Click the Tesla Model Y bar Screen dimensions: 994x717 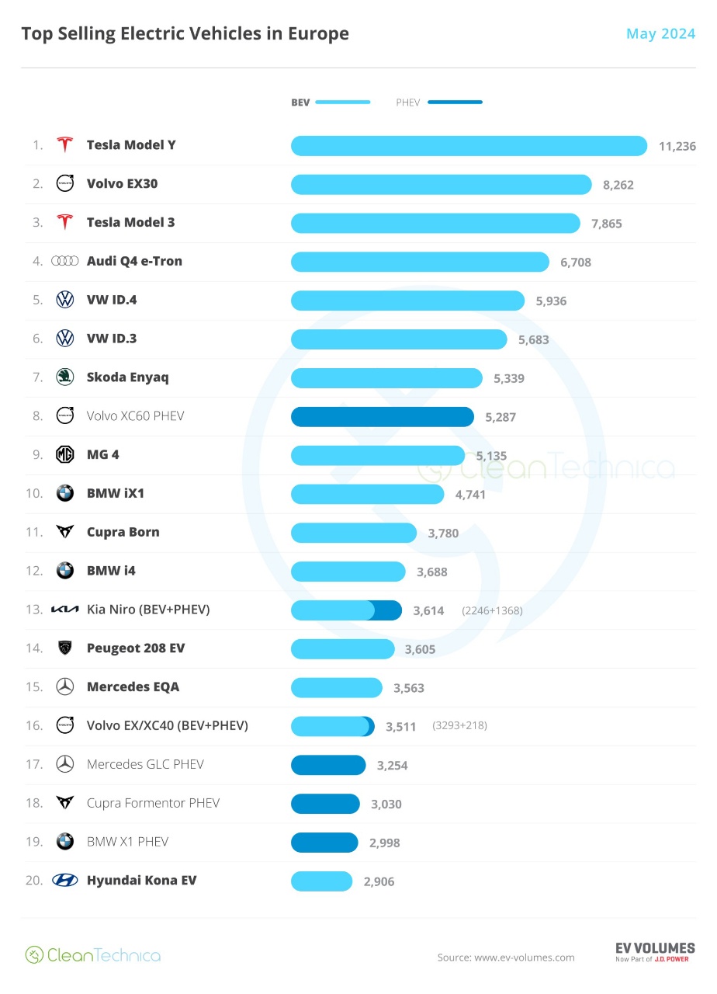point(469,145)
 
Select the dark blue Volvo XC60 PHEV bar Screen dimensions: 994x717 point(382,416)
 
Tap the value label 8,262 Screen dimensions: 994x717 point(618,185)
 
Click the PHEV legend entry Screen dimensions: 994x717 point(438,103)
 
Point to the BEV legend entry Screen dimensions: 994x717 point(331,103)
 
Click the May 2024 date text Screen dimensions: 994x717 point(660,33)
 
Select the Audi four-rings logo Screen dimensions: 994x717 point(65,261)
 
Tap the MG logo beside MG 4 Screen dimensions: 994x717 point(65,454)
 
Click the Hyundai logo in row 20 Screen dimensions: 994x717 point(65,880)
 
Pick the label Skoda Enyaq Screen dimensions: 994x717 point(127,377)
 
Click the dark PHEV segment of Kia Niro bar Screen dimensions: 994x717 point(388,610)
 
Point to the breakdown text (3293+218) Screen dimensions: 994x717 point(459,726)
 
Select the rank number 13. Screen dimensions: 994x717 point(33,610)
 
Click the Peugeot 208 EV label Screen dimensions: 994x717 point(136,648)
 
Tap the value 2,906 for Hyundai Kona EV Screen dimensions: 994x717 point(379,881)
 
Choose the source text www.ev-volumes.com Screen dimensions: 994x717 point(524,958)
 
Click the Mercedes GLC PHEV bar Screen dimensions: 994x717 point(327,765)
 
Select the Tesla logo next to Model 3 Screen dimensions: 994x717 point(65,222)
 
